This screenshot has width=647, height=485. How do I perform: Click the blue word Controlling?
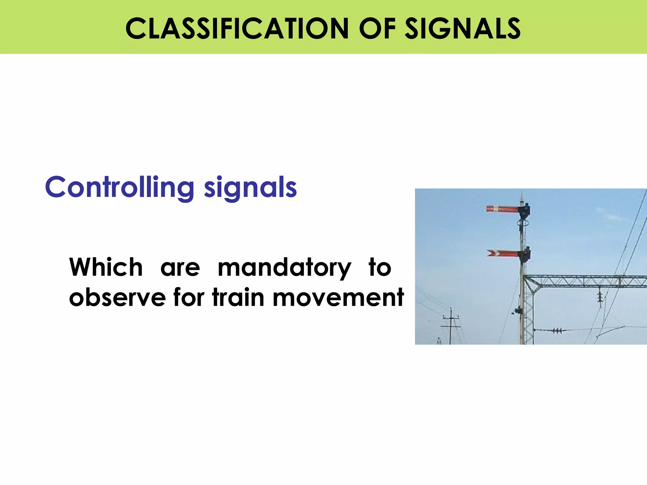coord(119,187)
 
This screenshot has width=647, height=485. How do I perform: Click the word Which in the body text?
coord(106,267)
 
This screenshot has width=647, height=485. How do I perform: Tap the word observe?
coord(117,297)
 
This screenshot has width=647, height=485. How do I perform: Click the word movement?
coord(338,297)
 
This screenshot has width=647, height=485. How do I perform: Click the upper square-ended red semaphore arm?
coord(502,209)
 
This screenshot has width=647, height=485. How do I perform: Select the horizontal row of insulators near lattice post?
coord(557,331)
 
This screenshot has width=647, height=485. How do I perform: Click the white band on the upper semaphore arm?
coord(496,208)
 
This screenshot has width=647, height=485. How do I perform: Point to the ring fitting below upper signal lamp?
coord(523,223)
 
